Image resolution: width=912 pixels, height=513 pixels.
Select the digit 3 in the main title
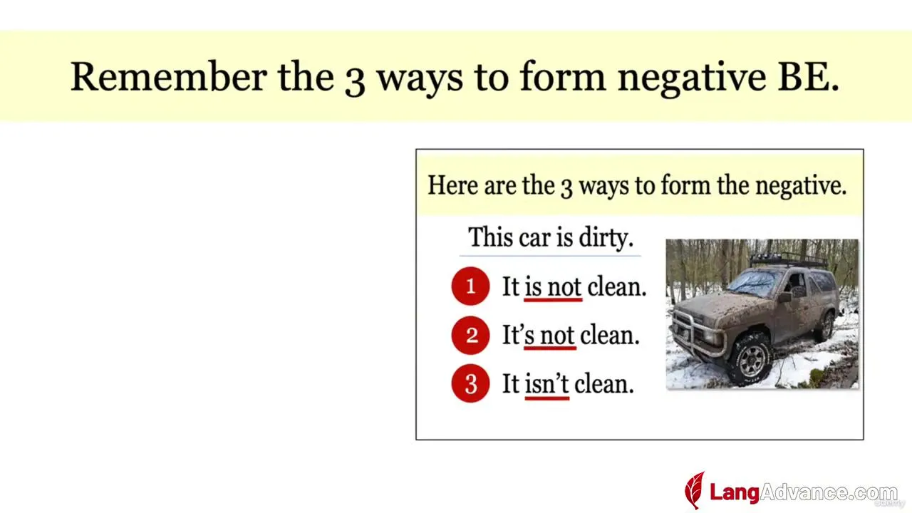(x=355, y=81)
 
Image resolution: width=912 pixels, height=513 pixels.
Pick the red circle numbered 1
(x=470, y=286)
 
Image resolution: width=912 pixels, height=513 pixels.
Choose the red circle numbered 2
(x=470, y=335)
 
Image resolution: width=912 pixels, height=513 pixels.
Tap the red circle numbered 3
(x=470, y=383)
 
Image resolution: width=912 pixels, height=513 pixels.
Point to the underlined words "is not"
(x=553, y=287)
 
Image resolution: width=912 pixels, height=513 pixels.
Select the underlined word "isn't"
(x=546, y=384)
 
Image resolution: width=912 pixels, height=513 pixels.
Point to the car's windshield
(x=754, y=282)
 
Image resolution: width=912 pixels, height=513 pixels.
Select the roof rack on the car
(x=788, y=260)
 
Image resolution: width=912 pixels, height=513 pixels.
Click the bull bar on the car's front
(x=697, y=332)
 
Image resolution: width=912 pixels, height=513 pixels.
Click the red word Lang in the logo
(x=735, y=492)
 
